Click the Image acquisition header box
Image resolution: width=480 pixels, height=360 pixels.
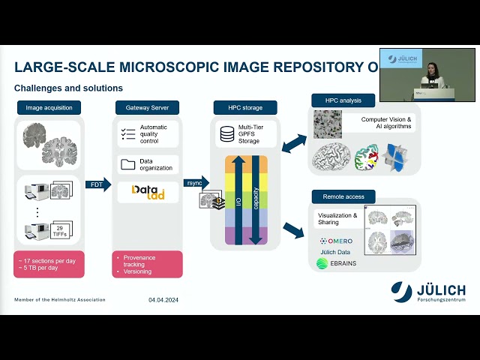pyautogui.click(x=49, y=107)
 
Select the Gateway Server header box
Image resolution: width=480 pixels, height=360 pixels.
pyautogui.click(x=147, y=107)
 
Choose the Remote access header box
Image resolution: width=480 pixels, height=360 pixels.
pyautogui.click(x=343, y=196)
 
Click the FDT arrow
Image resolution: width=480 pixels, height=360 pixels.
pyautogui.click(x=97, y=184)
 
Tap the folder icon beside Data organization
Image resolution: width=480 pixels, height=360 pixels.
pyautogui.click(x=127, y=163)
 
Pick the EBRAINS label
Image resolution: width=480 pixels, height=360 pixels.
pyautogui.click(x=339, y=263)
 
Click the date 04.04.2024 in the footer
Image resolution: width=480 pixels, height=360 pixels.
pyautogui.click(x=163, y=300)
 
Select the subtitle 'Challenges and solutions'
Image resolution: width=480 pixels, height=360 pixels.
pyautogui.click(x=68, y=88)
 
